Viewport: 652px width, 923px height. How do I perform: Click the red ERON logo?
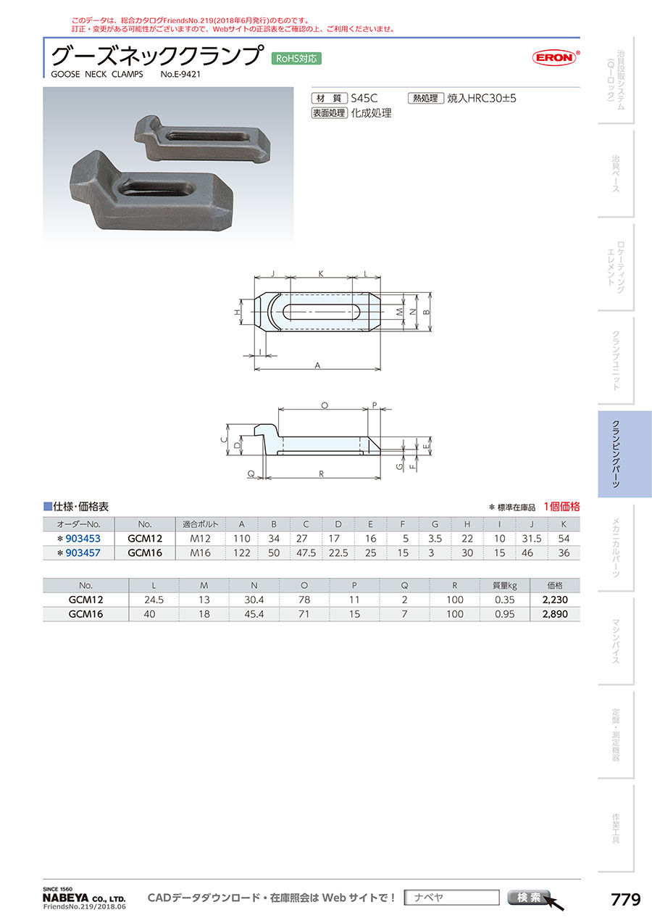(x=555, y=57)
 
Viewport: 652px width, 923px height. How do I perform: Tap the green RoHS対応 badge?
(x=296, y=59)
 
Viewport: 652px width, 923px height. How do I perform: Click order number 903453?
(x=83, y=539)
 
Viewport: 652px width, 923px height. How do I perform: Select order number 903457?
(x=83, y=553)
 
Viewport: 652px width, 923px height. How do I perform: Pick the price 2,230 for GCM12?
(x=555, y=600)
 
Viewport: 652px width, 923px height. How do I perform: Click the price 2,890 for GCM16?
(x=555, y=614)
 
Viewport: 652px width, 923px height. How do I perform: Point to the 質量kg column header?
(x=505, y=585)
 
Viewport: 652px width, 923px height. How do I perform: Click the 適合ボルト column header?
(x=201, y=524)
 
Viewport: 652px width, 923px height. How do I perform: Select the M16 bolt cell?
(x=201, y=553)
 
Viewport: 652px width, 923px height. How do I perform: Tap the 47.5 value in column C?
(x=306, y=553)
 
